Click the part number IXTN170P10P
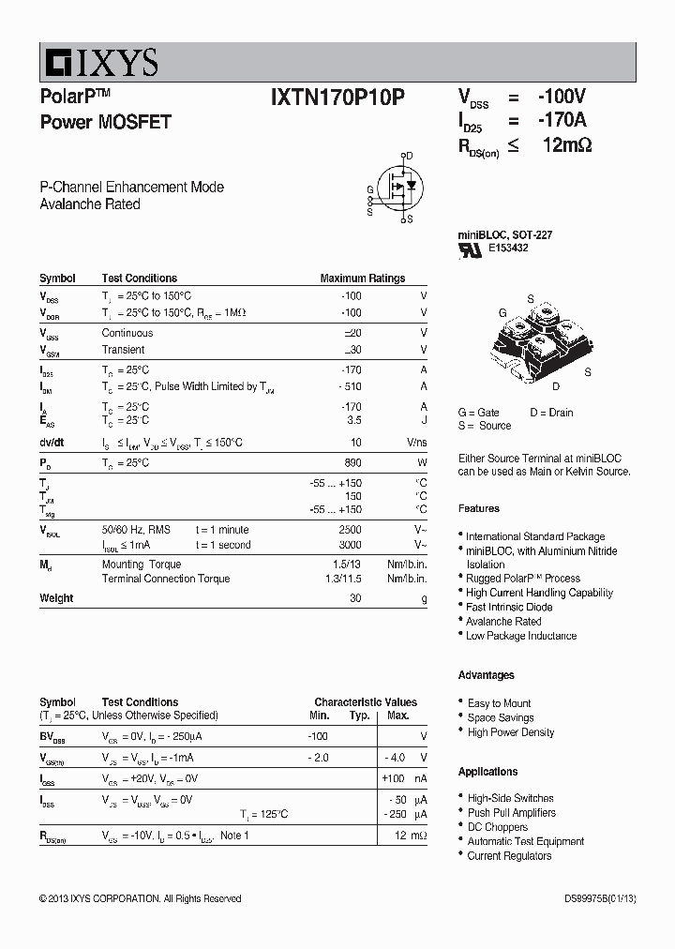[337, 97]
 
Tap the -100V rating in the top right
[561, 97]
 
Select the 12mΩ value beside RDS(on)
[566, 145]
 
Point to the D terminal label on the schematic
[409, 156]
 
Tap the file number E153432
[508, 249]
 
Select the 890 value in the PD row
[352, 463]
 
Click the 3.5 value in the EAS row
[353, 421]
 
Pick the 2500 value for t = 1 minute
[350, 531]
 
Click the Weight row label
[56, 598]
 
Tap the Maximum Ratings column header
[362, 279]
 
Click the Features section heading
[478, 508]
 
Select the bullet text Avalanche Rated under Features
[503, 621]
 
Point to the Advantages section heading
[486, 675]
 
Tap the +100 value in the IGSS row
[392, 778]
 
